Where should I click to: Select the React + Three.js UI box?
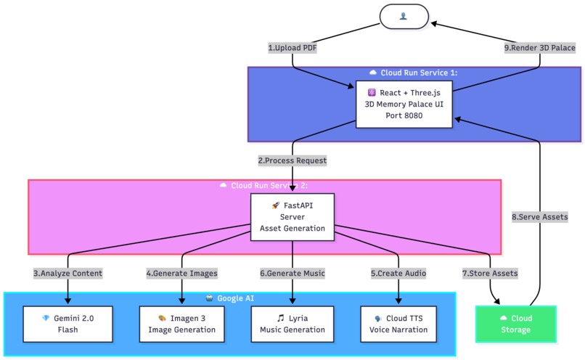(404, 104)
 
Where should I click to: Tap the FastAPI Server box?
(292, 217)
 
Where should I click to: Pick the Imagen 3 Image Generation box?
(181, 324)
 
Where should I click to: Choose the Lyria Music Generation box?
(292, 324)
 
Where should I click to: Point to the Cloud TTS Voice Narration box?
(398, 324)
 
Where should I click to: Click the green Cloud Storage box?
(515, 324)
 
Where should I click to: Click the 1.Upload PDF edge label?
(292, 48)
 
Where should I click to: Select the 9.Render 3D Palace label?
(539, 48)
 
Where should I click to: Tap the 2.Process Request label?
(292, 160)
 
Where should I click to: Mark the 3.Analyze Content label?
(67, 274)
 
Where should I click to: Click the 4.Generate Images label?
(181, 274)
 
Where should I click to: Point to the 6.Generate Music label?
(292, 274)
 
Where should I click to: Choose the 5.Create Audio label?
(398, 274)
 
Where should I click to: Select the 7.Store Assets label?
(490, 274)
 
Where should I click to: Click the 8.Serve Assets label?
(540, 217)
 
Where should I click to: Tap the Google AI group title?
(229, 298)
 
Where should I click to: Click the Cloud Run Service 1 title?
(414, 73)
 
